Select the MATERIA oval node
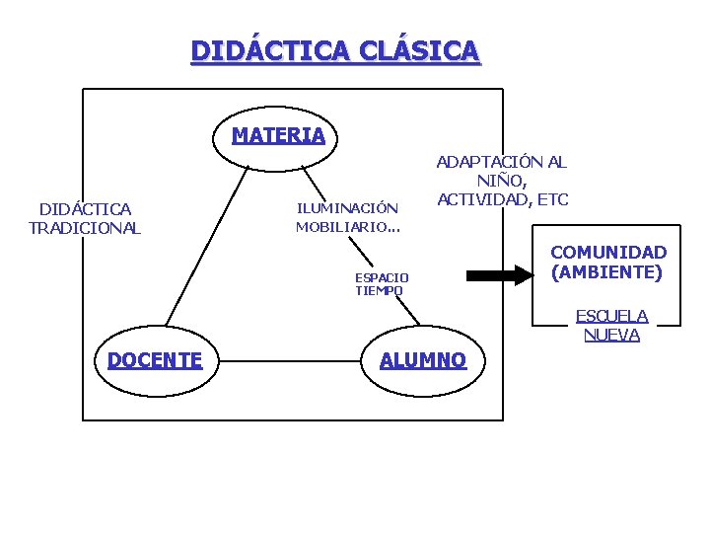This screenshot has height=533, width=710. [x=278, y=135]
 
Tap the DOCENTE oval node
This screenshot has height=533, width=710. [x=155, y=360]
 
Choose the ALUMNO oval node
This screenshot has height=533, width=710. [x=422, y=360]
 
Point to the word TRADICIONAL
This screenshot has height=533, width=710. [x=85, y=228]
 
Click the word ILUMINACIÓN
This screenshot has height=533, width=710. [x=347, y=208]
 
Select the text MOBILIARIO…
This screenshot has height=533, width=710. [x=347, y=227]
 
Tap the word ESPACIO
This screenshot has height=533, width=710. [x=382, y=277]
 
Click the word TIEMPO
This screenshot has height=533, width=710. [x=379, y=290]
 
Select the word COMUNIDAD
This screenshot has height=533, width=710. [x=608, y=253]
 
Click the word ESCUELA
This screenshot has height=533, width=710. [x=611, y=316]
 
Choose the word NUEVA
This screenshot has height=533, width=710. [x=611, y=335]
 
